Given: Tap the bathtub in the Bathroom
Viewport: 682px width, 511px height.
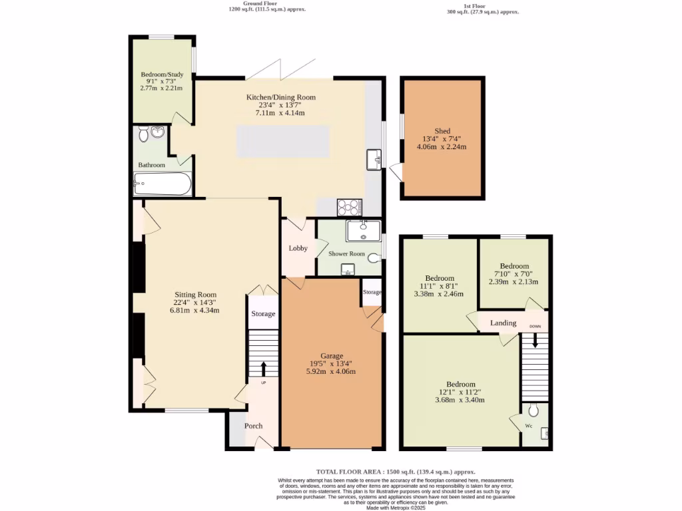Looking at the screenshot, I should [x=163, y=184].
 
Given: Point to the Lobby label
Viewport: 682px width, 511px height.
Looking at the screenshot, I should [x=298, y=248].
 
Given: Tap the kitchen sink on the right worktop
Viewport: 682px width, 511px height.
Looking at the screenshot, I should [x=374, y=159].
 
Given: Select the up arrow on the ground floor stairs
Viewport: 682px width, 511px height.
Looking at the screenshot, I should [x=263, y=368].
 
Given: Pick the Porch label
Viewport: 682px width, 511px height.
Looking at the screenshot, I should [x=253, y=426].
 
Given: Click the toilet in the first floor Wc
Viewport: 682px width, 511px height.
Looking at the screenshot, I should [x=533, y=411].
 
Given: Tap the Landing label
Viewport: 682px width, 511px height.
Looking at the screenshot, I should [x=504, y=323].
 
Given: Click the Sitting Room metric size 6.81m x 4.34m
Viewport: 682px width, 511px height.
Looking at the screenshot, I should [x=195, y=310].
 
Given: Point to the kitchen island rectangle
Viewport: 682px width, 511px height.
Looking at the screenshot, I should [x=284, y=142].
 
